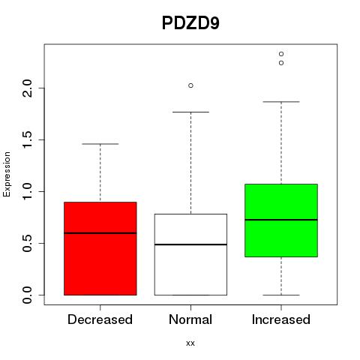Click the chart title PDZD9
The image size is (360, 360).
190,23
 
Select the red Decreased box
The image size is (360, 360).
100,248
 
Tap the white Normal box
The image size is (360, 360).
190,254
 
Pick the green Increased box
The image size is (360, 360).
281,220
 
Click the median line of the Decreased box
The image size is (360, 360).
100,233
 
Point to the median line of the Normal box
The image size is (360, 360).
190,244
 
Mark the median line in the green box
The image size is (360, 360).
281,220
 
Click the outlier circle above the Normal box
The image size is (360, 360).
190,85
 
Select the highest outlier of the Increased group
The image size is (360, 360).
281,54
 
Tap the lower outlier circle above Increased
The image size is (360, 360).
281,63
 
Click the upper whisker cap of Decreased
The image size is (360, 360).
100,144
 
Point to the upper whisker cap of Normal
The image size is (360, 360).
190,112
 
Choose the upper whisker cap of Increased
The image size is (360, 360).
281,102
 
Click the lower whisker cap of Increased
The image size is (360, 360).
281,295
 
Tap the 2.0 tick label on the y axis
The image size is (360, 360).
27,88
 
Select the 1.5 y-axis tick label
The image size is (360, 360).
27,139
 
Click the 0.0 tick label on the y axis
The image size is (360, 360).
27,295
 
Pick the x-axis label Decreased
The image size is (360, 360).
100,319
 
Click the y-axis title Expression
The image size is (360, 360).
7,175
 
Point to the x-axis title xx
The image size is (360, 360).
190,343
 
